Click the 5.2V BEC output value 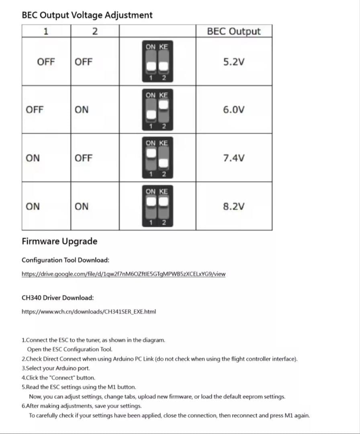tap(233, 62)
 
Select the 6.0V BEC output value tap(233, 110)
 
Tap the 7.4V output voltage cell tap(233, 158)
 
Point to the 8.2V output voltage tap(233, 207)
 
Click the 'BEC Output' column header tap(233, 31)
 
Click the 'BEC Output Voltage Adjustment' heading tap(87, 15)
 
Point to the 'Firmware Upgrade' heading tap(59, 241)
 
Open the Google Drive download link tap(123, 274)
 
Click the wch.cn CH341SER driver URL tap(89, 311)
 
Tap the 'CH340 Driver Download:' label tap(57, 298)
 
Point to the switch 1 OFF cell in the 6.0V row tap(35, 110)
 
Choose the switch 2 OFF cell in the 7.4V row tap(84, 158)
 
